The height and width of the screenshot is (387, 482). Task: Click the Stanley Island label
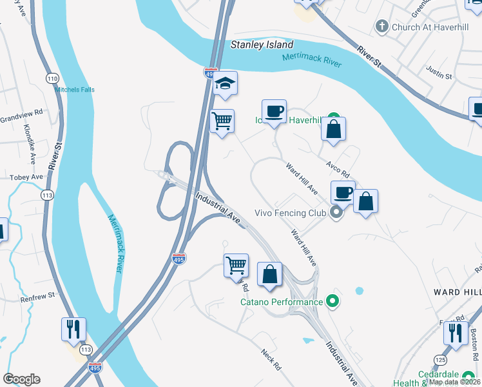click(262, 45)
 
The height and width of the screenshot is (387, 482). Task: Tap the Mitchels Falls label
click(74, 90)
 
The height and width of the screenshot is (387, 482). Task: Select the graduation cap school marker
click(226, 84)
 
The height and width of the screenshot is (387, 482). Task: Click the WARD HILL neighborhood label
click(456, 292)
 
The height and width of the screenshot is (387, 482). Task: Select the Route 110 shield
click(52, 78)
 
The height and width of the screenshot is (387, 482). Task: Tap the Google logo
click(22, 379)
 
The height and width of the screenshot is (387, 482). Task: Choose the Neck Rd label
click(271, 359)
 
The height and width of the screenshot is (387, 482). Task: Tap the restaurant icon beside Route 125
click(456, 333)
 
